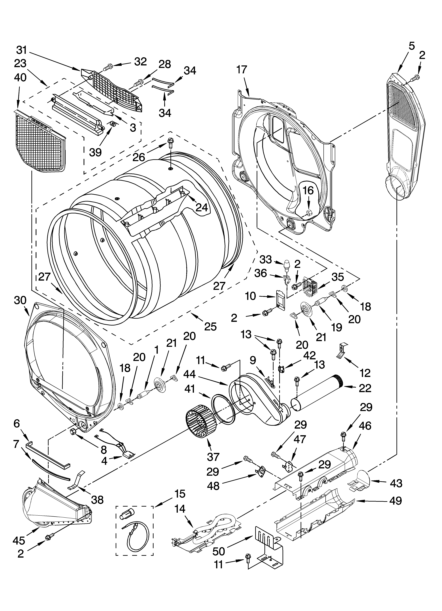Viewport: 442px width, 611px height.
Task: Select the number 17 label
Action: point(242,70)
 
